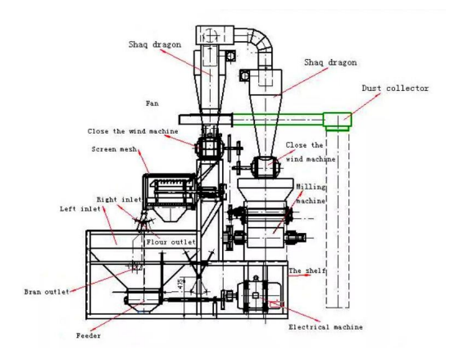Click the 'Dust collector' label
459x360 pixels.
(395, 88)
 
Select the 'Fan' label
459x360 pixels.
(152, 103)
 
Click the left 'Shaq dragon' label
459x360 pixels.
(155, 44)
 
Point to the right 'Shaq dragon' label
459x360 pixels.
(330, 62)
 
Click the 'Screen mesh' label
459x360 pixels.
(114, 149)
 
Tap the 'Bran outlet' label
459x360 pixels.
(47, 292)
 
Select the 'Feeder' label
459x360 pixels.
(89, 335)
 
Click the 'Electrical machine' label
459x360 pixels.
(326, 327)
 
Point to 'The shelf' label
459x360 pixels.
(307, 271)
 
